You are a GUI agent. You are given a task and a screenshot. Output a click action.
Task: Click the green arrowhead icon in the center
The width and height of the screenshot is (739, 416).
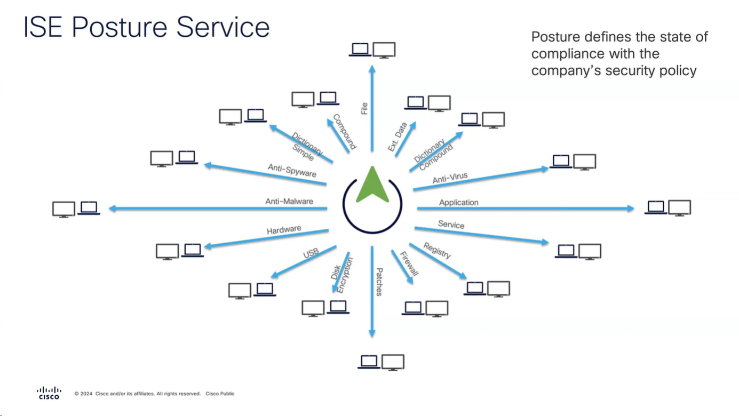372,185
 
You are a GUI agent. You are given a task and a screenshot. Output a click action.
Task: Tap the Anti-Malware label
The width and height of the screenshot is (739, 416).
289,202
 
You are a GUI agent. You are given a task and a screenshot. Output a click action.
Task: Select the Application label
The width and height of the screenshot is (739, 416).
458,203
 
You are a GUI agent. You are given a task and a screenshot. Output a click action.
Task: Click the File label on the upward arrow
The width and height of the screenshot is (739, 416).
364,108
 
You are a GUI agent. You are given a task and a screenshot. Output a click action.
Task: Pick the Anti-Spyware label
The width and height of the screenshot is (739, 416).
292,171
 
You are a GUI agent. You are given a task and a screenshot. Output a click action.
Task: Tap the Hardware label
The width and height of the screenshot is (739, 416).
284,230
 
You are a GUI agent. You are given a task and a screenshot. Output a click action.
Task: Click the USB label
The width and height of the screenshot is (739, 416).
311,254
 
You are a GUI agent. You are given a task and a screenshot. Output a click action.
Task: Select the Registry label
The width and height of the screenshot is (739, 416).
437,250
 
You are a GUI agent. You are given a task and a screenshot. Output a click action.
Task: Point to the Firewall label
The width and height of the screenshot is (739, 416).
409,263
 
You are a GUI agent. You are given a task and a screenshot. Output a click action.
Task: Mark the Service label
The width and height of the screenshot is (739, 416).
451,225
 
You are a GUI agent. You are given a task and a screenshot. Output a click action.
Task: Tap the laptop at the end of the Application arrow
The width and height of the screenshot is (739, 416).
655,207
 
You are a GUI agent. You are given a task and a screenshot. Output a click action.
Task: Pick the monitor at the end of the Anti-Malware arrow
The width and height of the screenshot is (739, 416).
63,209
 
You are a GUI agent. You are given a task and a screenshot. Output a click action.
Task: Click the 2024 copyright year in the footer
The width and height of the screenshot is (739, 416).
86,394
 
